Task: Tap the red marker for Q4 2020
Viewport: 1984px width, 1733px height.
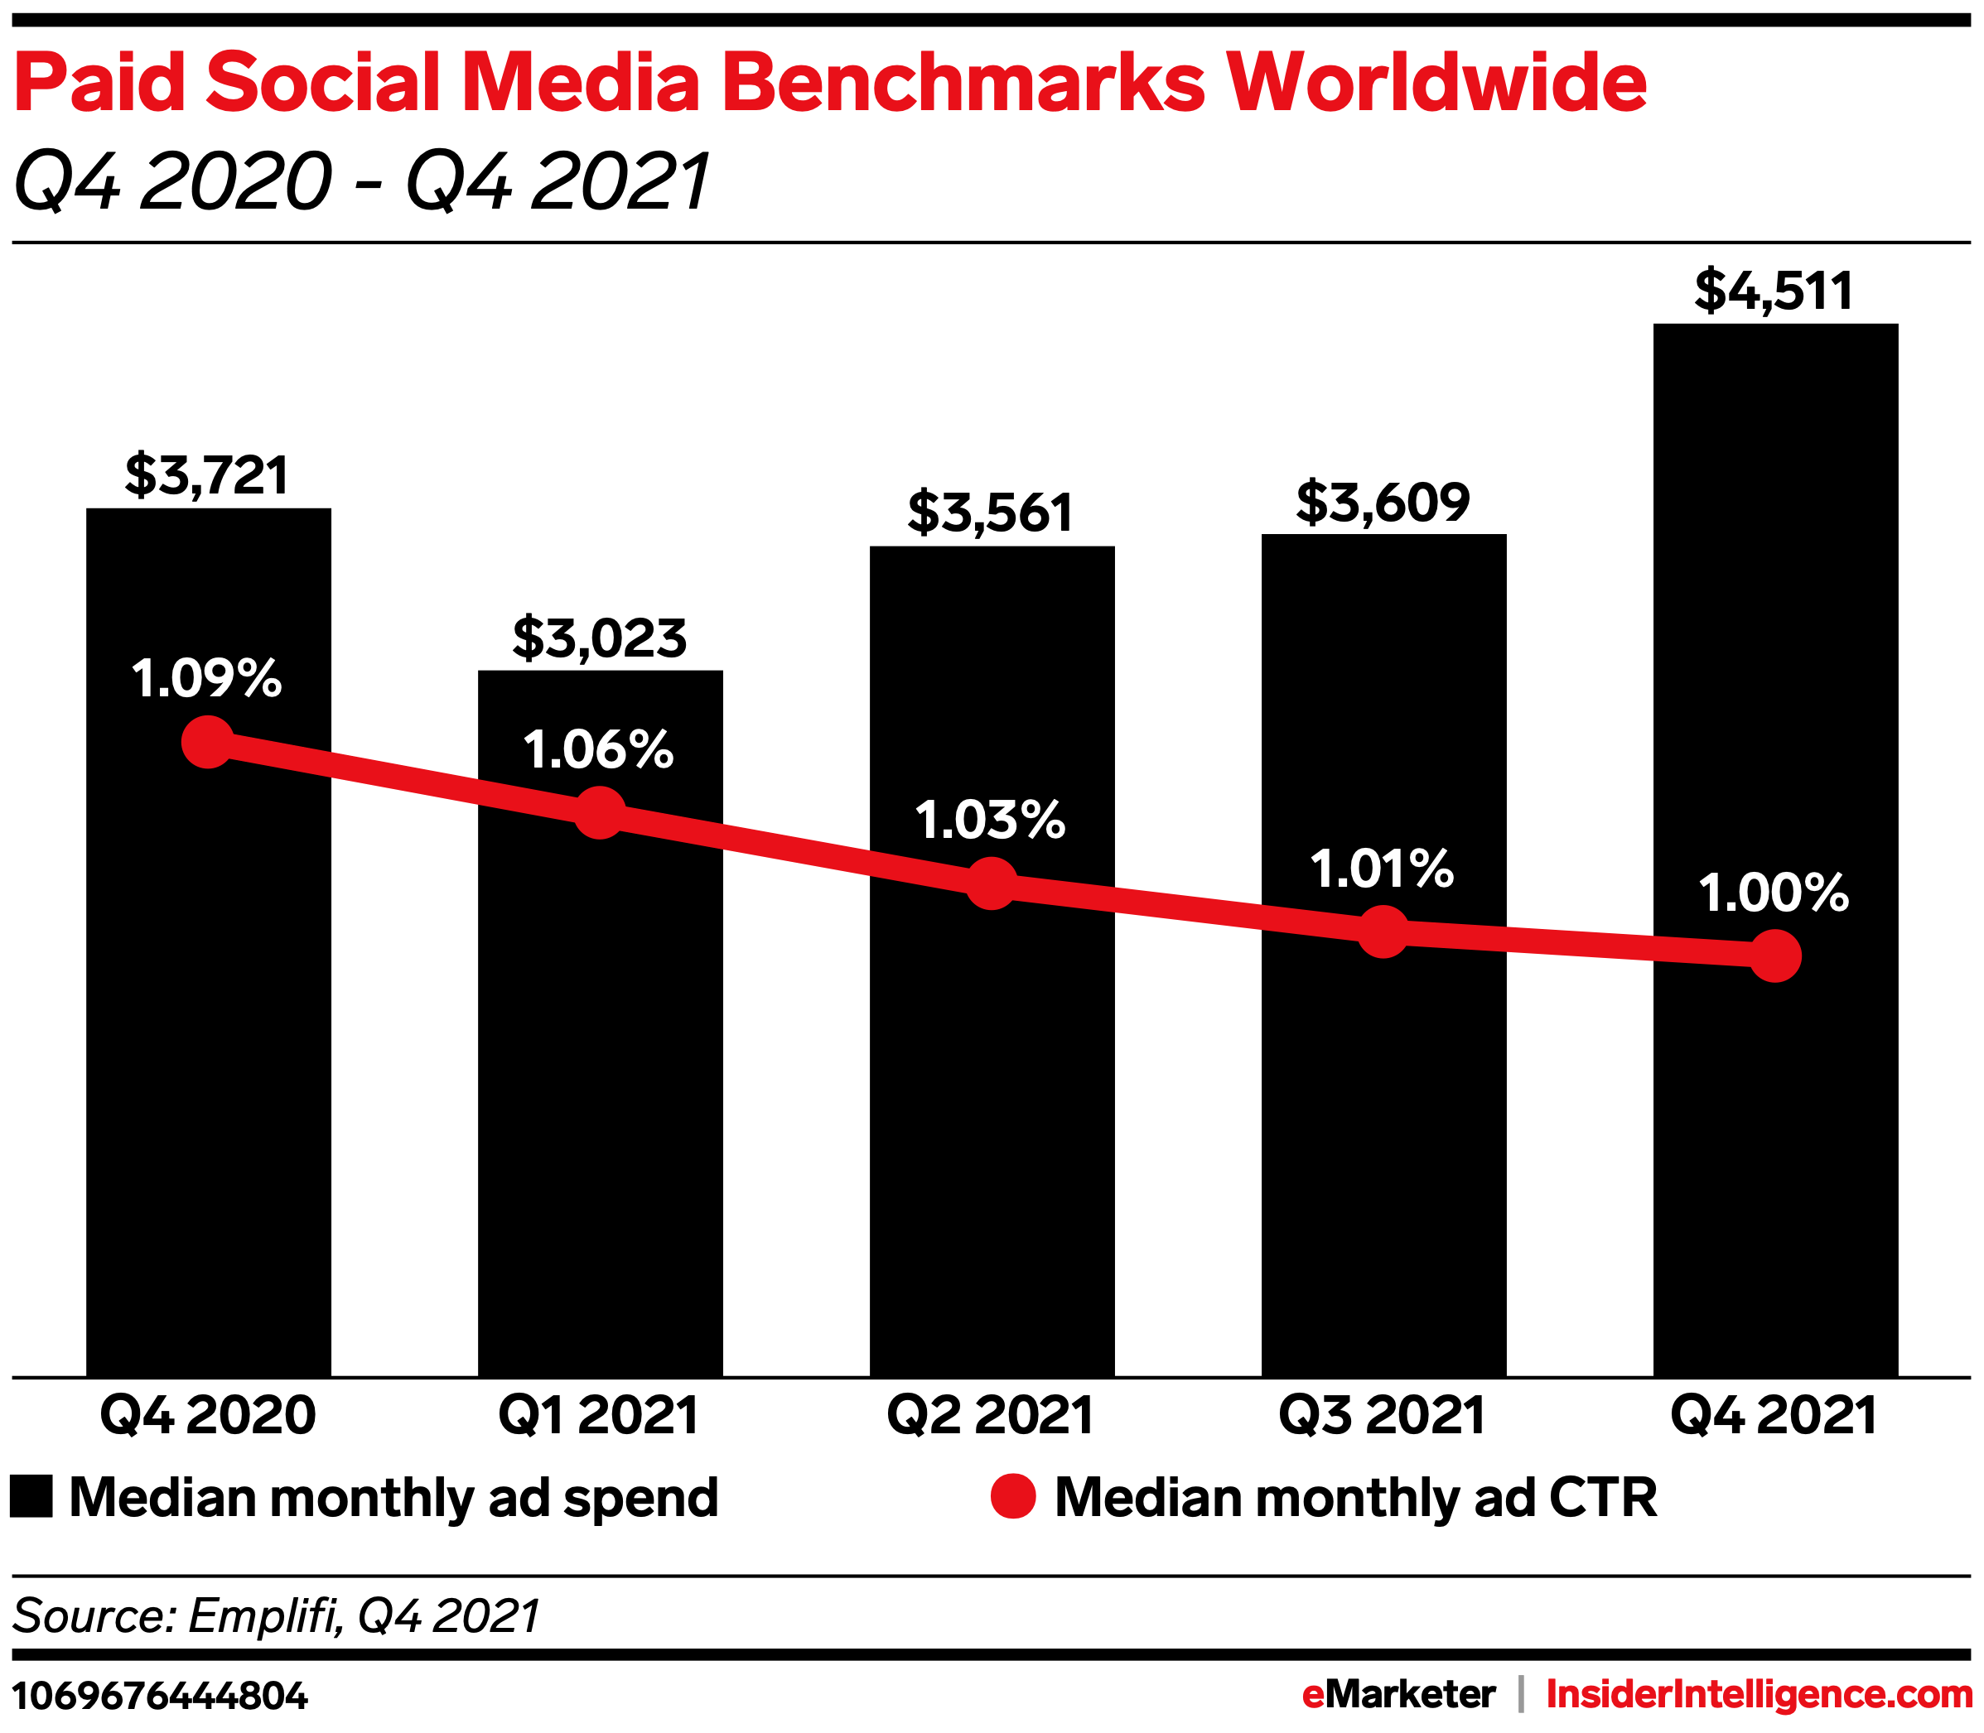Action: [208, 743]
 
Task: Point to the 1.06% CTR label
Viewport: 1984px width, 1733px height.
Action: [598, 750]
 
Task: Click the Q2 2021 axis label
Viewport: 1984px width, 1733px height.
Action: [991, 1416]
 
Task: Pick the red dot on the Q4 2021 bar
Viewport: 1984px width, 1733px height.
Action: [1775, 956]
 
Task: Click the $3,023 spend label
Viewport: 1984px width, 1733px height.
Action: [599, 638]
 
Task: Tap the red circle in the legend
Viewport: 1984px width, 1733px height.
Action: [1013, 1497]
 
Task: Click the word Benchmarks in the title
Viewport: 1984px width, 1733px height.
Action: [963, 83]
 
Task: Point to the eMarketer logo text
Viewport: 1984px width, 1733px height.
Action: [1397, 1694]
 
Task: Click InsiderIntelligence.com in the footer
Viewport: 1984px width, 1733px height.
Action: [1759, 1694]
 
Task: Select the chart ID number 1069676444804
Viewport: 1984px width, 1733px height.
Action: [160, 1697]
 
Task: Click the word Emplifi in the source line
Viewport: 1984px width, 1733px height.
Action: [263, 1616]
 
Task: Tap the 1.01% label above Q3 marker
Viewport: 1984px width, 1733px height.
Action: [1382, 869]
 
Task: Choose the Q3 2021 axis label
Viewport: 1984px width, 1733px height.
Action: [1383, 1416]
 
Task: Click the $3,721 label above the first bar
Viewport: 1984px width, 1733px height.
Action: [207, 474]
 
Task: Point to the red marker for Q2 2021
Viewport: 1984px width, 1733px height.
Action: [992, 884]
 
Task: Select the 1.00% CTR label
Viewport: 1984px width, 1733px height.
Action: [1773, 893]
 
